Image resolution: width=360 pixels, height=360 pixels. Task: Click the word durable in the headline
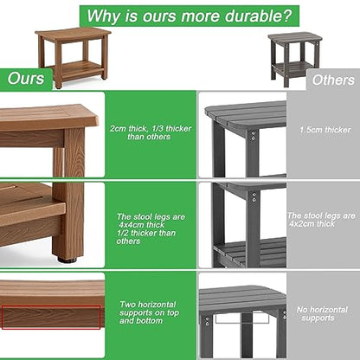point(253,16)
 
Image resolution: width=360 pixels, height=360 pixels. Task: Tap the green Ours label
point(26,79)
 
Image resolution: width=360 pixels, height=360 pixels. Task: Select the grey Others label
point(333,80)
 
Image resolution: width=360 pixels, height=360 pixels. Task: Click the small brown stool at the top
point(73,58)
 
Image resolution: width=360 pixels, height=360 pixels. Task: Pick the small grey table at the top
point(295,59)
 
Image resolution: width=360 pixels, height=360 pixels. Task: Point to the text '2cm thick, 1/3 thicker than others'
point(151,132)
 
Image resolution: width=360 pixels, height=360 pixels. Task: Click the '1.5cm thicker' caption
point(325,130)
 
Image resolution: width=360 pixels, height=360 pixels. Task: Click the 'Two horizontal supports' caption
point(149,312)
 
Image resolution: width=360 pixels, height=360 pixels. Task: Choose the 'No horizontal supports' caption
point(322,314)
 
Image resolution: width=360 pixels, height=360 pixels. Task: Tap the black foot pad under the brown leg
point(67,260)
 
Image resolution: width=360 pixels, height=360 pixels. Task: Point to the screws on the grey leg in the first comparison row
point(254,136)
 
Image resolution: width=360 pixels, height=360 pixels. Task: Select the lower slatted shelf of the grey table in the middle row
point(250,252)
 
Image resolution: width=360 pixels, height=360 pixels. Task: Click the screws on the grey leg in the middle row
point(254,196)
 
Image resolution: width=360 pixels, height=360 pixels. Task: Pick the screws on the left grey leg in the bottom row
point(207,322)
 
